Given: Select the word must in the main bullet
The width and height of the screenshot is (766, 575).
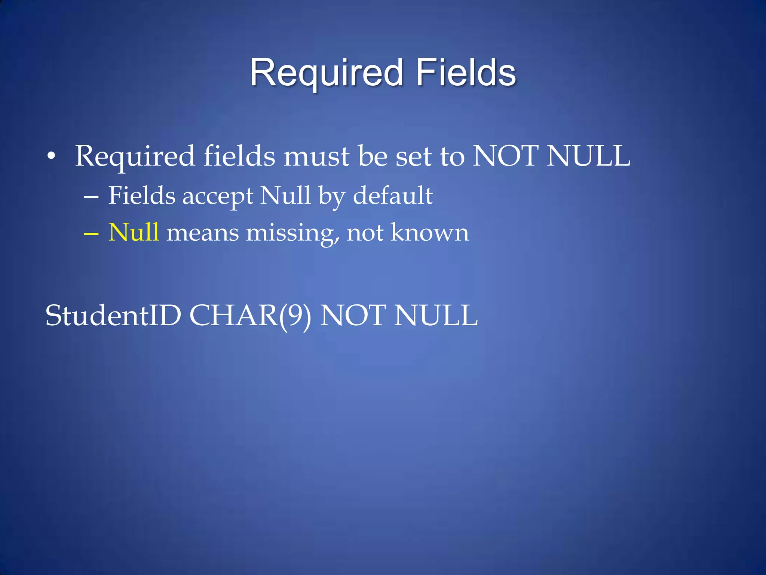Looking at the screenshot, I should pyautogui.click(x=316, y=156).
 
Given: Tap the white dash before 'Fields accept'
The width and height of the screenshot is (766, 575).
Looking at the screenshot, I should pyautogui.click(x=91, y=196).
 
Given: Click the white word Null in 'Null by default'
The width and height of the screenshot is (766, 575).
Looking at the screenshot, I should pyautogui.click(x=285, y=195).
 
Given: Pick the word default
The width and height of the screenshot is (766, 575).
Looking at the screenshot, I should pyautogui.click(x=393, y=195).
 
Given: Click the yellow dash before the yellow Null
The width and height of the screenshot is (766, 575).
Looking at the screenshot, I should pyautogui.click(x=91, y=233).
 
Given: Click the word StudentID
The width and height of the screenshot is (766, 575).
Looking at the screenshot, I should pyautogui.click(x=113, y=316).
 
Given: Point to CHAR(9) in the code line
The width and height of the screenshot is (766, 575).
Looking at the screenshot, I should pyautogui.click(x=250, y=316).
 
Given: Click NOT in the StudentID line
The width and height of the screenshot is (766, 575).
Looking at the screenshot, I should pyautogui.click(x=353, y=316).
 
